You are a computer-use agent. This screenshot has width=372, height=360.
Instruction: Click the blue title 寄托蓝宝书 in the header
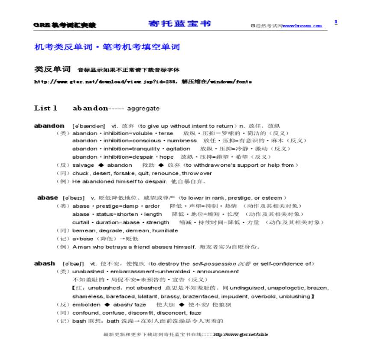(180, 24)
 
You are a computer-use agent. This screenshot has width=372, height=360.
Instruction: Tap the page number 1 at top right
(336, 22)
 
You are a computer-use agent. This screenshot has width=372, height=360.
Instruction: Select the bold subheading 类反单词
(52, 69)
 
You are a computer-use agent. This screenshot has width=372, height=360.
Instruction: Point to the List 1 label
(45, 108)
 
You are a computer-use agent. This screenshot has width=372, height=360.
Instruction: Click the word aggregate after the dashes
(143, 109)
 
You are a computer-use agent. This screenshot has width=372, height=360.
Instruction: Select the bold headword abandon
(49, 126)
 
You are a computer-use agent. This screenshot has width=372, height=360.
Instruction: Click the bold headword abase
(47, 198)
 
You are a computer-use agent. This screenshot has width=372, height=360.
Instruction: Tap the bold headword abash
(44, 263)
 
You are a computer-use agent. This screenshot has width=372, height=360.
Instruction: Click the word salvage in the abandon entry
(83, 165)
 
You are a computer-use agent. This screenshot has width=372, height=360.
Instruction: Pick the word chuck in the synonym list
(80, 173)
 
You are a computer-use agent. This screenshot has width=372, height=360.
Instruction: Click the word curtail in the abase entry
(80, 222)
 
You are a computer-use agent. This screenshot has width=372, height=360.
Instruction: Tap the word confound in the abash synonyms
(86, 313)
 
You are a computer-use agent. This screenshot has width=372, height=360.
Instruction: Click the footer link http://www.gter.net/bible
(240, 334)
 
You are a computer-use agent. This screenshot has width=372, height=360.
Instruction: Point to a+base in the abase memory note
(83, 239)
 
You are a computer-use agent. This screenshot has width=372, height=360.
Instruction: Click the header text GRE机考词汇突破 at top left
(65, 25)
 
